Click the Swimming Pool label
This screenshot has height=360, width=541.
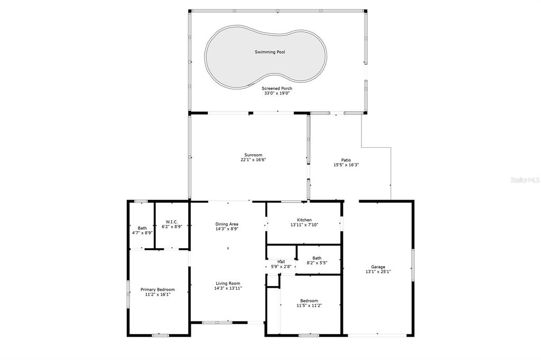pyautogui.click(x=270, y=52)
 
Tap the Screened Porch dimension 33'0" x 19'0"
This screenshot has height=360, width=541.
pyautogui.click(x=277, y=93)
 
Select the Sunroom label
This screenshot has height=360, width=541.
pyautogui.click(x=253, y=155)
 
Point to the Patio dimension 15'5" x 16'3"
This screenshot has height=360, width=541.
pyautogui.click(x=346, y=165)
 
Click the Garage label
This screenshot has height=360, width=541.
pyautogui.click(x=378, y=267)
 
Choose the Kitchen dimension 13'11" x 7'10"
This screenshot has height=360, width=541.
pyautogui.click(x=304, y=225)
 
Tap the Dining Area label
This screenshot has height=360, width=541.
pyautogui.click(x=227, y=224)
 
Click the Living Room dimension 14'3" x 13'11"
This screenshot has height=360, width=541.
pyautogui.click(x=228, y=288)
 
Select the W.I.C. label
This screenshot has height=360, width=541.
pyautogui.click(x=172, y=222)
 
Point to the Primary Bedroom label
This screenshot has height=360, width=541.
pyautogui.click(x=157, y=290)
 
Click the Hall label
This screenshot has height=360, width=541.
pyautogui.click(x=281, y=262)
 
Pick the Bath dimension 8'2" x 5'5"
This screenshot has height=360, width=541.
pyautogui.click(x=317, y=263)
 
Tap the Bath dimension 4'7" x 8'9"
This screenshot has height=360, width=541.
pyautogui.click(x=142, y=233)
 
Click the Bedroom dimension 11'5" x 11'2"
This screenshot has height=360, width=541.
pyautogui.click(x=309, y=306)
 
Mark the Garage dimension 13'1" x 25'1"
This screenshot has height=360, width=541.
pyautogui.click(x=378, y=272)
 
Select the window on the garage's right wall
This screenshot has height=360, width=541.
pyautogui.click(x=413, y=265)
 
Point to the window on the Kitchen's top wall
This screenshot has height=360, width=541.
pyautogui.click(x=292, y=202)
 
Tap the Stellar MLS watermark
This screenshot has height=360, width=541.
pyautogui.click(x=525, y=180)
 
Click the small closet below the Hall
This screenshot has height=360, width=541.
pyautogui.click(x=273, y=281)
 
